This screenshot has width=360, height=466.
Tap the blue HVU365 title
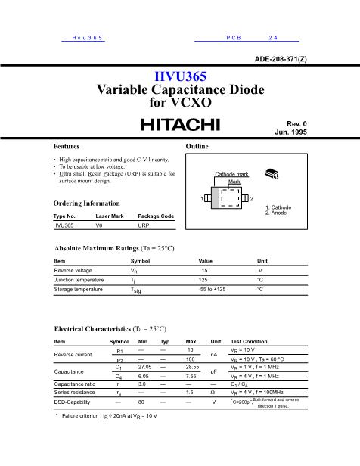click(x=179, y=76)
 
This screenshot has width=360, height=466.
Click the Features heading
click(x=67, y=145)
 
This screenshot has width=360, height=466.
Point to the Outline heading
click(x=197, y=145)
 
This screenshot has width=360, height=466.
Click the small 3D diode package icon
click(x=271, y=175)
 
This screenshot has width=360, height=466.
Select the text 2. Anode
click(x=278, y=213)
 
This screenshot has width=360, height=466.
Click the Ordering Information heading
click(x=86, y=203)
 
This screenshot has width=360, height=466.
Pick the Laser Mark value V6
click(x=99, y=225)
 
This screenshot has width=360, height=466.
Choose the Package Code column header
click(x=156, y=216)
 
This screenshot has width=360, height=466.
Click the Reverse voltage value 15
click(x=204, y=270)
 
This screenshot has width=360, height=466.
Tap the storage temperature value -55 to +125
click(x=212, y=289)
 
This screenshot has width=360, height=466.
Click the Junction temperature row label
click(x=79, y=280)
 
